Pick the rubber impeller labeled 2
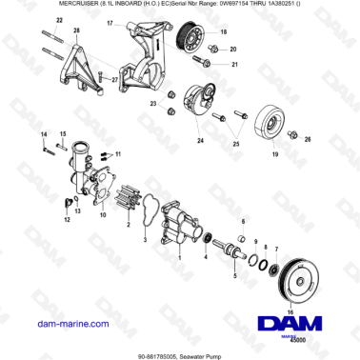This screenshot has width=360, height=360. point(121,205)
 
